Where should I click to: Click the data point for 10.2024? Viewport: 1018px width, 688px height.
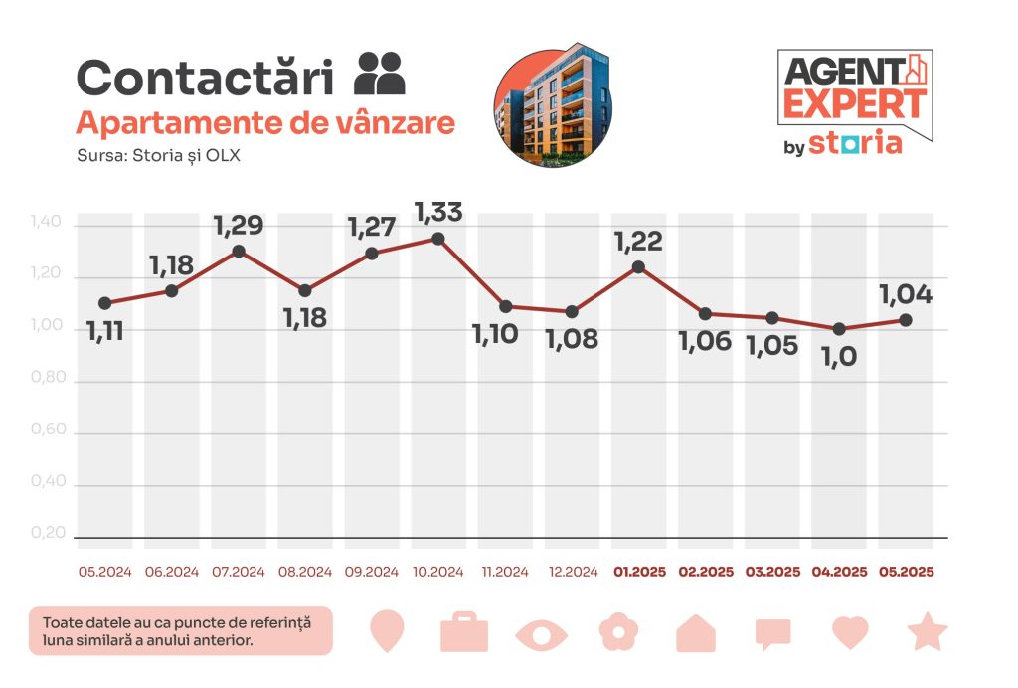coord(437,239)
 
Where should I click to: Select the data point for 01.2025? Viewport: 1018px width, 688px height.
coord(638,266)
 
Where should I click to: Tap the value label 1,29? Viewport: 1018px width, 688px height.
coord(239,225)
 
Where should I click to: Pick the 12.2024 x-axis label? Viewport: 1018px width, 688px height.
coord(572,572)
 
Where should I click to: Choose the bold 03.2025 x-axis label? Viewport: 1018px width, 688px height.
coord(772,572)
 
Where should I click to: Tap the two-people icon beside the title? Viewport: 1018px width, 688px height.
coord(380,73)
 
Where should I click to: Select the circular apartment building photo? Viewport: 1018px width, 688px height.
coord(553,104)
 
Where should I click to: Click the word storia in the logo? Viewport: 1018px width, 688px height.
coord(855,143)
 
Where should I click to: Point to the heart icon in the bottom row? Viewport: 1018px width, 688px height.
coord(850,632)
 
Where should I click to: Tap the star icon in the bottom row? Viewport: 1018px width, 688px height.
coord(928,632)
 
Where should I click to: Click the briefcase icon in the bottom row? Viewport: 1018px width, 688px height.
coord(463,632)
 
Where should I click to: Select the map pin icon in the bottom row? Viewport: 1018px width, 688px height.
coord(387,632)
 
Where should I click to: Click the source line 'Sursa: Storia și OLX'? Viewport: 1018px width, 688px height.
coord(158,156)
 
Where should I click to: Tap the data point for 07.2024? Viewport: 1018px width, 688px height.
coord(239,252)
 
